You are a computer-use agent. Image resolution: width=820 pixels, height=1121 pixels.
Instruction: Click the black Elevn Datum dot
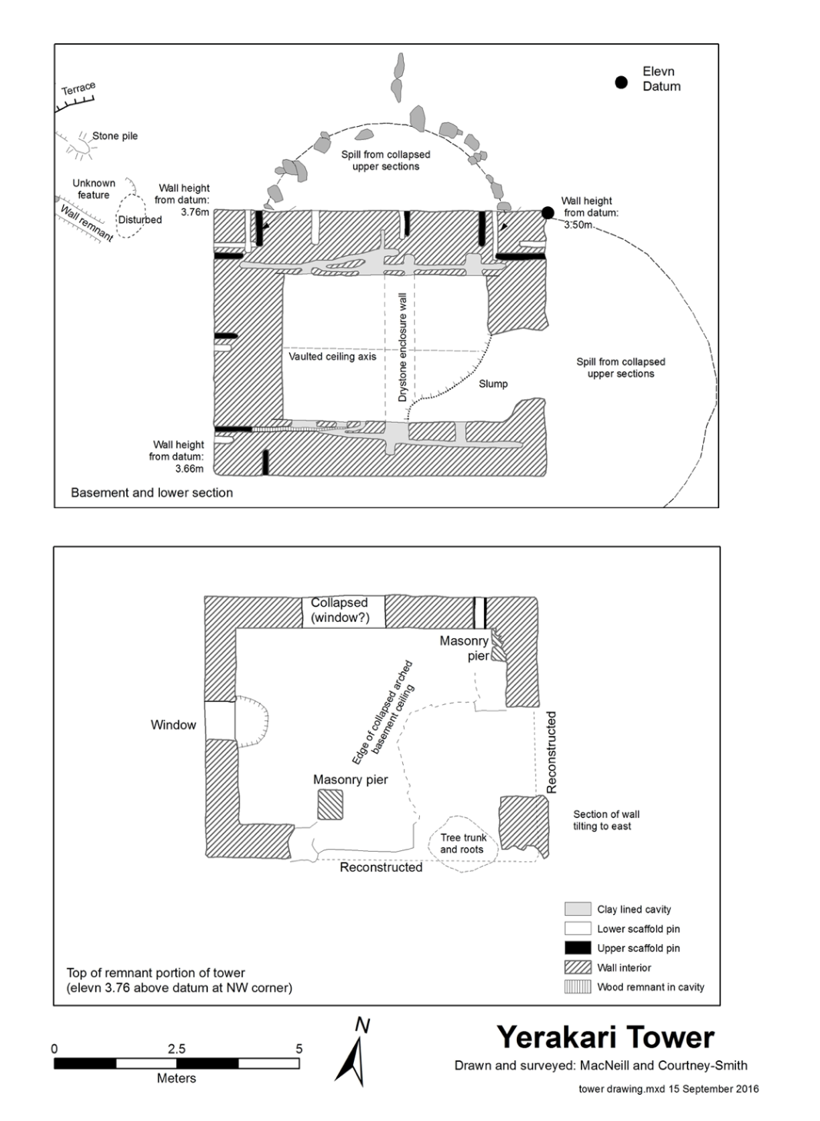(622, 82)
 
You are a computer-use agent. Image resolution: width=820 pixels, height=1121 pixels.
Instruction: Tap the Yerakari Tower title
(605, 1037)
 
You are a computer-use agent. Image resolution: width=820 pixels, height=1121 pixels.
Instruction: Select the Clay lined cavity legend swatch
(578, 910)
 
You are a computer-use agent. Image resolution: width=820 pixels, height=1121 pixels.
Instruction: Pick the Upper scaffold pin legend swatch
(578, 948)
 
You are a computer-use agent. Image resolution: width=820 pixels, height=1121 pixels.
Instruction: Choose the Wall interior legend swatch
(578, 967)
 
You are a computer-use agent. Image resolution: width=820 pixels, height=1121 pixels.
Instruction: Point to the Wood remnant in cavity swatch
(578, 987)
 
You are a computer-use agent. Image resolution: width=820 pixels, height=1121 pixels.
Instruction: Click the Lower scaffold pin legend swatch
(578, 929)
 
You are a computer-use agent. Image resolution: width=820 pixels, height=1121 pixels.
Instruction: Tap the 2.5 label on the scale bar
(176, 1049)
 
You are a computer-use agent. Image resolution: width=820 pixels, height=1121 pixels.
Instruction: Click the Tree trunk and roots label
(463, 843)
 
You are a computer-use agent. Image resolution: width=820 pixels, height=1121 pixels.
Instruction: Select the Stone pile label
(115, 136)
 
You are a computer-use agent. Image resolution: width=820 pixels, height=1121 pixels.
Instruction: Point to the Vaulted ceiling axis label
(332, 357)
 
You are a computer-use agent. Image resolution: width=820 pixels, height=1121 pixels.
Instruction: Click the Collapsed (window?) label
(339, 610)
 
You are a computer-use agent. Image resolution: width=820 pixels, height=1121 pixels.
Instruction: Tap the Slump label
(493, 384)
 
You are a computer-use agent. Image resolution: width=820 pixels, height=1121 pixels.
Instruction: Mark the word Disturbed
(140, 220)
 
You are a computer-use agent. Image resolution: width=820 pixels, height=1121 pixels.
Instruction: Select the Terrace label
(78, 89)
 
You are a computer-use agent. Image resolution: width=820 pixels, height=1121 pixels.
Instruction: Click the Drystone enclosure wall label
(402, 347)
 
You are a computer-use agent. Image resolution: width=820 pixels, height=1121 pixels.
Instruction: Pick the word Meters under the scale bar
(176, 1078)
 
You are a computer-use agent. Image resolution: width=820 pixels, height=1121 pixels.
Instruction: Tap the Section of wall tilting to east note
(605, 820)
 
